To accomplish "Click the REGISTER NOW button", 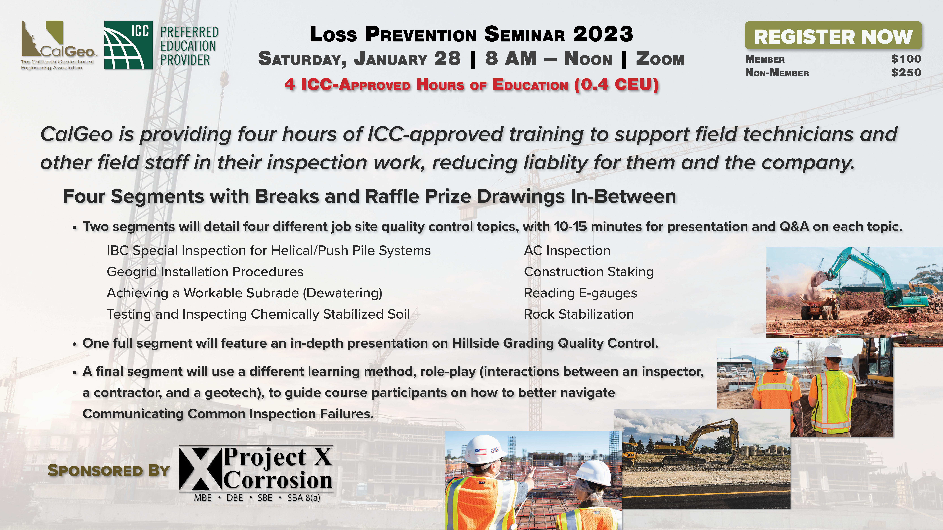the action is [x=833, y=35].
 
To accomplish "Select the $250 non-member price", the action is [x=906, y=72].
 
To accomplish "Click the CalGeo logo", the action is [x=57, y=45].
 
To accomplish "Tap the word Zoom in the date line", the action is [x=660, y=59].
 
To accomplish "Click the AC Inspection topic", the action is [x=567, y=251].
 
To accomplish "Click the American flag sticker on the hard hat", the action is [x=480, y=451].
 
